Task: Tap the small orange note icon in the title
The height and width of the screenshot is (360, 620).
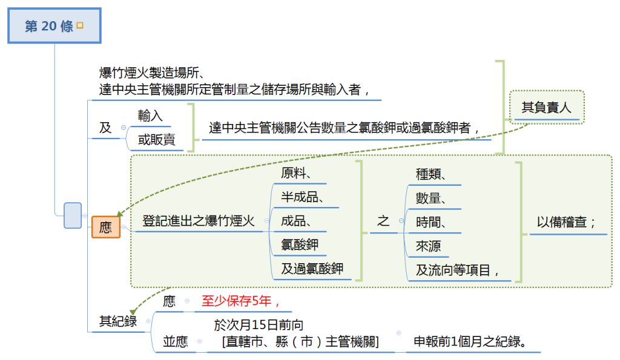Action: [80, 26]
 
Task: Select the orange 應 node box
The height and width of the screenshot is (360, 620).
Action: [105, 227]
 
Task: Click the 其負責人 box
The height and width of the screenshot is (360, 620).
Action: [546, 108]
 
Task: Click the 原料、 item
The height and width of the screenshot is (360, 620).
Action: [296, 173]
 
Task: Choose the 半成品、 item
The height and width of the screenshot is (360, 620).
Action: [301, 197]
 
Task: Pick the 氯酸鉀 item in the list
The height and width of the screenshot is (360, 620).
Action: [300, 244]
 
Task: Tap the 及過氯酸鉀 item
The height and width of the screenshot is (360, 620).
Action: [312, 269]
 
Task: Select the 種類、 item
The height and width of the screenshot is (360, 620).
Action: [431, 174]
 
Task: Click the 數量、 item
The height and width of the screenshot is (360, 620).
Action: [431, 198]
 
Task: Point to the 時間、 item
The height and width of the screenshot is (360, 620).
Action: [431, 222]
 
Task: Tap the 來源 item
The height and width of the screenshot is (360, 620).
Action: [428, 246]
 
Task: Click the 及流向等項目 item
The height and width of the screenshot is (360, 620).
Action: [457, 270]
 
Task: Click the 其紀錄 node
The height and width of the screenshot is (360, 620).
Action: [118, 321]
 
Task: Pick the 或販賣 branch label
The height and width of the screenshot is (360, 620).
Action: [156, 140]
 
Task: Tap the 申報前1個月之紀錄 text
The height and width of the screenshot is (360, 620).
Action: [469, 342]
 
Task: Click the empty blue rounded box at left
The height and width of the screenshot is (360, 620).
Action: [73, 215]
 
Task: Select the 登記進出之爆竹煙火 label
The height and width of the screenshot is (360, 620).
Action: [198, 221]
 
